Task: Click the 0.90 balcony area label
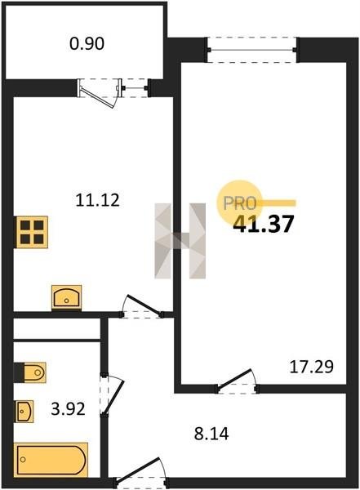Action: tap(87, 44)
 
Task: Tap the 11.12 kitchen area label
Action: tap(97, 200)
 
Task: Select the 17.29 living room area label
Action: tap(312, 367)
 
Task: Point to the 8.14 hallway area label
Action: tap(211, 434)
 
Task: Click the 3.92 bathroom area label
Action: tap(68, 409)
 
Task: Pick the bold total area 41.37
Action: tap(264, 224)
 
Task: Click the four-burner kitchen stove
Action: tap(32, 232)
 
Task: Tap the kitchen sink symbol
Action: tap(67, 298)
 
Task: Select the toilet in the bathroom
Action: tap(30, 372)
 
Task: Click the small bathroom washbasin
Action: tap(24, 411)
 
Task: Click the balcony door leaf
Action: tap(97, 98)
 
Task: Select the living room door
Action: tap(234, 380)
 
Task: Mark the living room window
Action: tap(252, 50)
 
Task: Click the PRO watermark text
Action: tap(240, 203)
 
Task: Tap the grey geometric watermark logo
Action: tap(180, 241)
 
